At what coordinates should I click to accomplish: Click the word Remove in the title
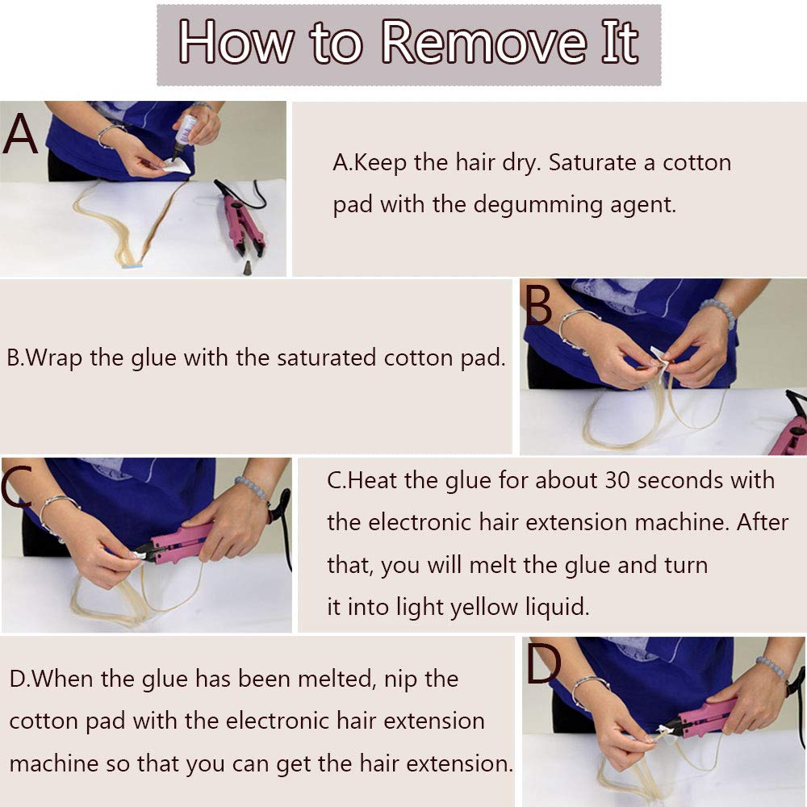[483, 42]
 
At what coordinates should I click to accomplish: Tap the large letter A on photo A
[21, 134]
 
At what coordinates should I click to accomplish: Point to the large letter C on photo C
[16, 487]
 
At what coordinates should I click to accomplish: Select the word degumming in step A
[537, 205]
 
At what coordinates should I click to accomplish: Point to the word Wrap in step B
[53, 358]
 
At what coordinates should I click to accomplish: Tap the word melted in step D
[337, 679]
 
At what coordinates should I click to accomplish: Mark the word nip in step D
[403, 679]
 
